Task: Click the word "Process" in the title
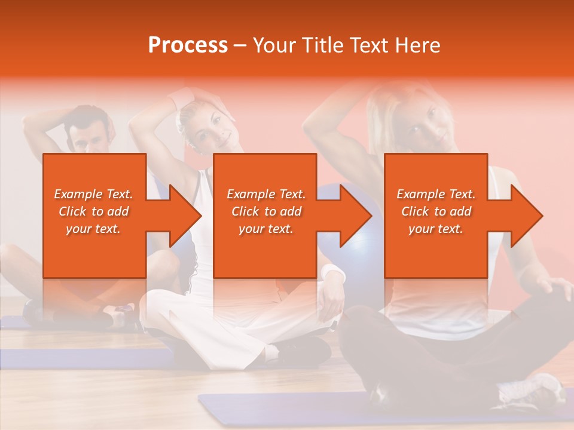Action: tap(188, 45)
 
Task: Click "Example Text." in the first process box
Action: tap(93, 194)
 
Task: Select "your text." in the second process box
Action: tap(266, 229)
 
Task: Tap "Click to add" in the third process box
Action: tap(436, 211)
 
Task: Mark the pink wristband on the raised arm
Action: tap(182, 98)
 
